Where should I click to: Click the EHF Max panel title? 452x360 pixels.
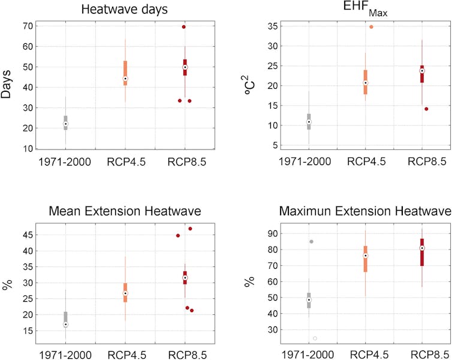coord(364,9)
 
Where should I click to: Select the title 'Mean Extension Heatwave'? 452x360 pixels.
coord(125,211)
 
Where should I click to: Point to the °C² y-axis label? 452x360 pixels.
coord(249,86)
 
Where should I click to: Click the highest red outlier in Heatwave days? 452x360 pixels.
coord(184,26)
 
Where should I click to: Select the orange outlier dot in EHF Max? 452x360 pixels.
coord(371,27)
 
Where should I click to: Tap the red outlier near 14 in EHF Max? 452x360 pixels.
coord(426,109)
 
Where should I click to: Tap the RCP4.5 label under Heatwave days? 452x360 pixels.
coord(125,161)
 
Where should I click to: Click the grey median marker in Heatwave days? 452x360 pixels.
coord(65,124)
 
